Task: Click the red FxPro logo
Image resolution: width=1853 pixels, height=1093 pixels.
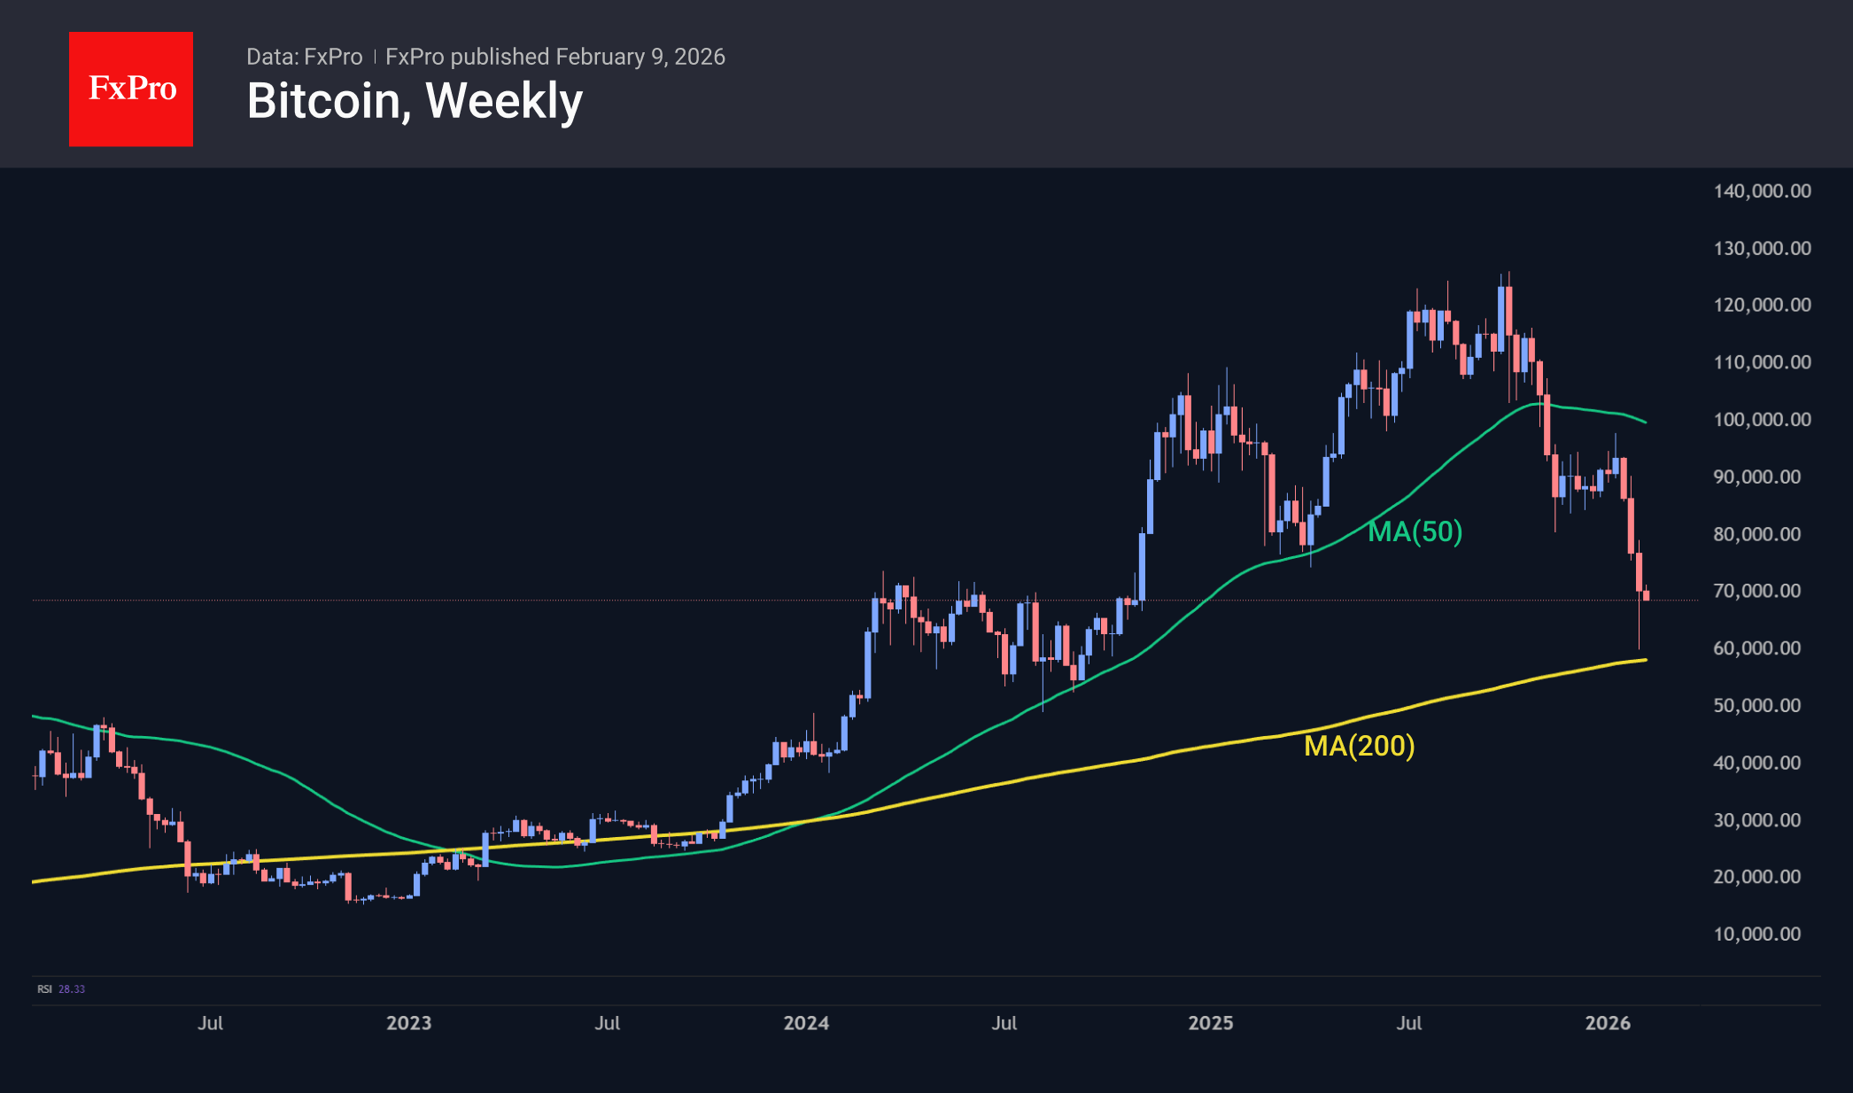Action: pos(131,89)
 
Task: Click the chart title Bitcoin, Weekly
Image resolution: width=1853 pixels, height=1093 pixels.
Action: pos(415,101)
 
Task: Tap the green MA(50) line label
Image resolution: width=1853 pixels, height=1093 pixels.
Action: pos(1415,531)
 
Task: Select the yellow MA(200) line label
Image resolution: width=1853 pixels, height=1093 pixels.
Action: pos(1359,746)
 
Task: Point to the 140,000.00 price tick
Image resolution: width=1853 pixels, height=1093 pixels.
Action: pos(1762,191)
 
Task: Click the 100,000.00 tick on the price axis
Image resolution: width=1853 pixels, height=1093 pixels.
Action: pos(1762,420)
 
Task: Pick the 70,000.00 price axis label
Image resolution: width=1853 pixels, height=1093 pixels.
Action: pos(1756,591)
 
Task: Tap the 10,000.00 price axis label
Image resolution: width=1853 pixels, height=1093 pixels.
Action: pos(1756,934)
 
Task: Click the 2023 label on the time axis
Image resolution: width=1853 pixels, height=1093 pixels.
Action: pos(408,1023)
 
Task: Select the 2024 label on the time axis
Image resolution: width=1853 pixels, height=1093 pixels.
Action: pos(806,1023)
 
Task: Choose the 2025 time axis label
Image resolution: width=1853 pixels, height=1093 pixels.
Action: pos(1210,1023)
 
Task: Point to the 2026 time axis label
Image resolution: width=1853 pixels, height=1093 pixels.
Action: pos(1607,1023)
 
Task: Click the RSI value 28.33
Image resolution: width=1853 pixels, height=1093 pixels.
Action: pos(72,989)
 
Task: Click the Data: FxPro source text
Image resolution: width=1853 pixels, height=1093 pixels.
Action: pos(304,57)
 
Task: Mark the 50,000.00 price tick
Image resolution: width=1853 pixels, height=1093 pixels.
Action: pos(1756,706)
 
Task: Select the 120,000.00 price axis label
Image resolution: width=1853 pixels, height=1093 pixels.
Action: pos(1762,306)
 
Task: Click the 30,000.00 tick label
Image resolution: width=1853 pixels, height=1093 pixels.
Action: pos(1756,820)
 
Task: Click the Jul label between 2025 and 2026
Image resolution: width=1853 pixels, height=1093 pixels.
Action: pos(1408,1023)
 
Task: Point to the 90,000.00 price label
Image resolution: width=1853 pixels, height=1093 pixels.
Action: pos(1756,477)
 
